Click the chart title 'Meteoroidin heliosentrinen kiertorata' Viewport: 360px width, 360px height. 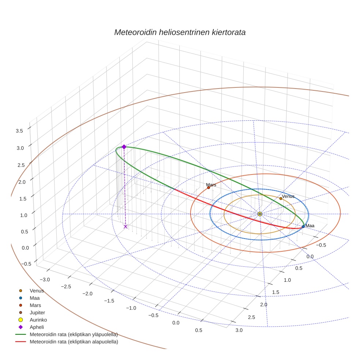point(180,32)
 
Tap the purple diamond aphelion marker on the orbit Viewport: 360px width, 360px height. point(124,147)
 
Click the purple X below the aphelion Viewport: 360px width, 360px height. point(125,226)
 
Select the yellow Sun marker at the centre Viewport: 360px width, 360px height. point(260,214)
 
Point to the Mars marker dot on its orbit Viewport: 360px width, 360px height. point(209,188)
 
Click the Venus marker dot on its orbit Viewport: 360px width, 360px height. point(281,198)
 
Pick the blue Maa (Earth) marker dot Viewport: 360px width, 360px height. point(303,226)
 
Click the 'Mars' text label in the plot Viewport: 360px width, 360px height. point(211,185)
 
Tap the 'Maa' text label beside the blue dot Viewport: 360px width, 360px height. point(310,226)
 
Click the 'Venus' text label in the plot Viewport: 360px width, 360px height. point(288,196)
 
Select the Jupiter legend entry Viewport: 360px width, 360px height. point(37,313)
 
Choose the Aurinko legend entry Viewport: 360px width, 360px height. point(38,320)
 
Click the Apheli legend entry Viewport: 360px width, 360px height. point(37,327)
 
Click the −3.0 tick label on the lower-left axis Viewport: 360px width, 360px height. point(45,280)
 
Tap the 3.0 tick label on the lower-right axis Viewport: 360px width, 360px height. point(239,330)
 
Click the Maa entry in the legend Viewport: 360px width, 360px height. point(35,298)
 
